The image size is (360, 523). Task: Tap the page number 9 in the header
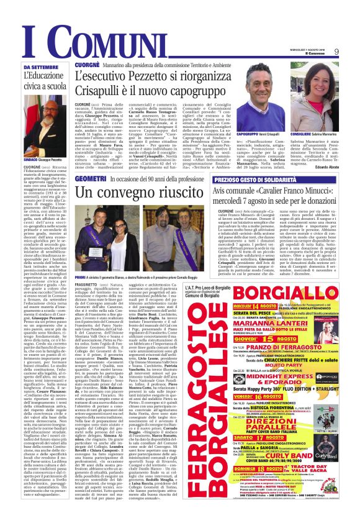point(353,52)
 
